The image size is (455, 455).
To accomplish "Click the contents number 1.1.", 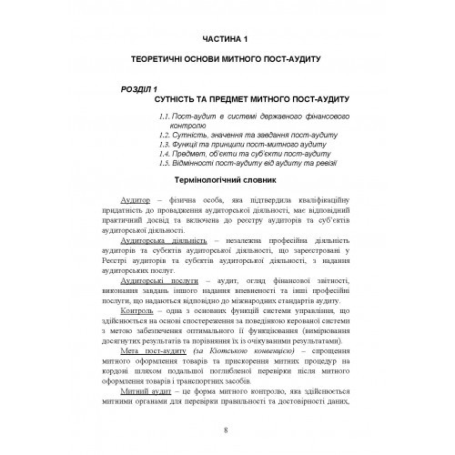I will point(164,118).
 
